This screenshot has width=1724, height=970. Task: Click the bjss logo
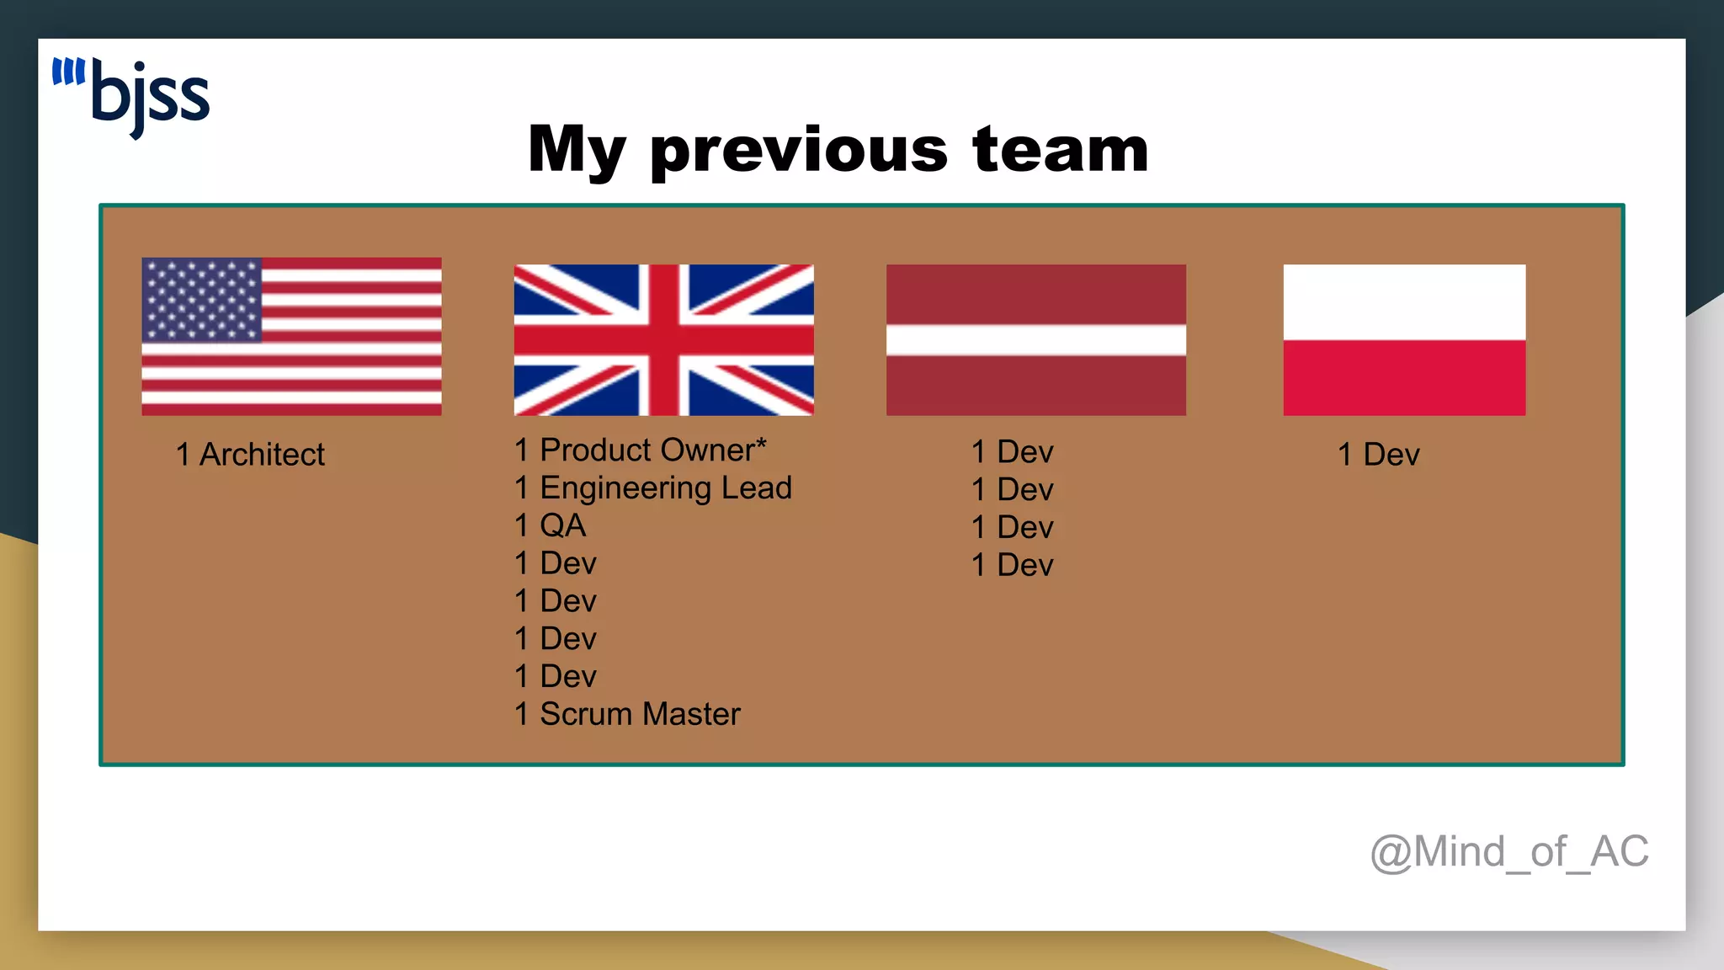click(x=131, y=96)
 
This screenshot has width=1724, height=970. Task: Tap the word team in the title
click(x=1060, y=149)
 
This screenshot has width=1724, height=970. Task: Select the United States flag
click(x=291, y=336)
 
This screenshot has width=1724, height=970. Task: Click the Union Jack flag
click(x=663, y=339)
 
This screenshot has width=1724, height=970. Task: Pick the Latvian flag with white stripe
click(x=1035, y=339)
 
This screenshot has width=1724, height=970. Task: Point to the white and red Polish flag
click(x=1403, y=339)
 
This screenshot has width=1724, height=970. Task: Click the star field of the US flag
click(x=202, y=300)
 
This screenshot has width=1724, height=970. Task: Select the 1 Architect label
click(x=250, y=455)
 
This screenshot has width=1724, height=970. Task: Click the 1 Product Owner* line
click(x=640, y=450)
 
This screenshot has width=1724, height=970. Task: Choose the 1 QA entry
click(x=551, y=525)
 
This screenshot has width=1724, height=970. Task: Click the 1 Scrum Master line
click(x=627, y=714)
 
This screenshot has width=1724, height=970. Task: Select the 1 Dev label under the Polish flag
click(x=1378, y=455)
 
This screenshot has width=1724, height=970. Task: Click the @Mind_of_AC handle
click(x=1508, y=851)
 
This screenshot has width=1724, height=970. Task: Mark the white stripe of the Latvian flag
click(x=1035, y=339)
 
